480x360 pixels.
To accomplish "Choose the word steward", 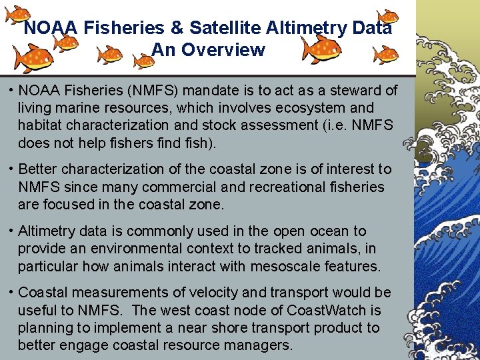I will pos(354,90).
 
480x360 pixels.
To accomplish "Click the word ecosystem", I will pos(301,107).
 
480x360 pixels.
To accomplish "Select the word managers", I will pos(258,345).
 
